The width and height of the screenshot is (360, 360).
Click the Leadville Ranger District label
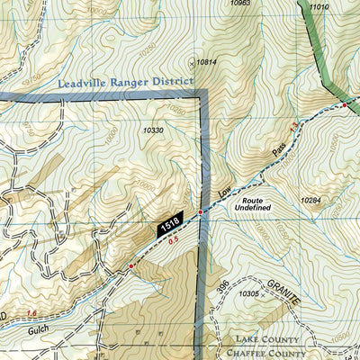(124, 81)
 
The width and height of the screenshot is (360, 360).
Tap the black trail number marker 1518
(168, 221)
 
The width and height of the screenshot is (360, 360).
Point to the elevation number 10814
(206, 62)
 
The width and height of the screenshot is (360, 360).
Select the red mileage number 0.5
(173, 240)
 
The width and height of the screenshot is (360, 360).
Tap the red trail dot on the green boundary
(344, 107)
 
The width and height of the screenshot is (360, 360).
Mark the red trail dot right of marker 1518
(200, 213)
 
